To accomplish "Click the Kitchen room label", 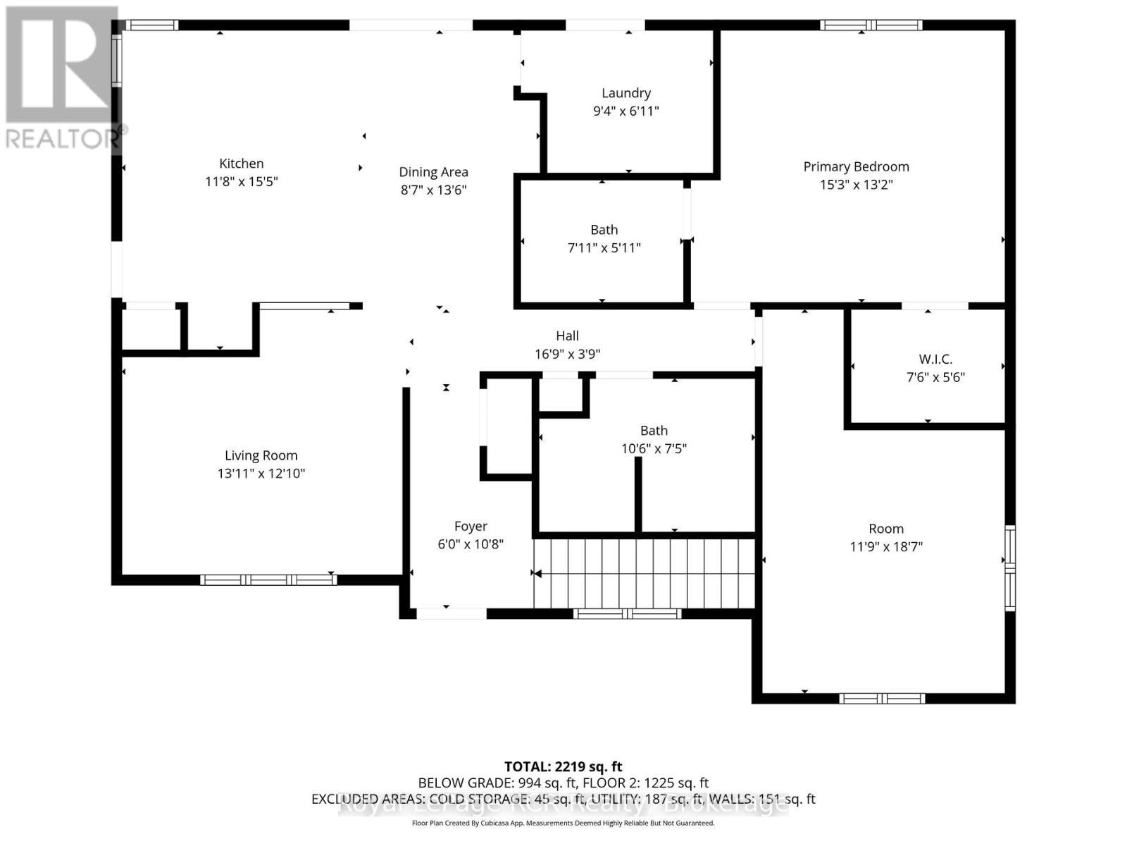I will pyautogui.click(x=242, y=164).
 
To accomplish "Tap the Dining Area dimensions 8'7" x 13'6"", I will pyautogui.click(x=433, y=190).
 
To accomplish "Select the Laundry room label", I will pyautogui.click(x=625, y=93).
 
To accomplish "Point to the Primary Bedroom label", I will pyautogui.click(x=856, y=167).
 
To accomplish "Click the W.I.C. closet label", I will pyautogui.click(x=935, y=360).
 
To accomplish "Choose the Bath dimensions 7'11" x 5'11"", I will pyautogui.click(x=604, y=247).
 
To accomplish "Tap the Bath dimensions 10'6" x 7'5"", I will pyautogui.click(x=654, y=448).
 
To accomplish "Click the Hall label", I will pyautogui.click(x=567, y=336).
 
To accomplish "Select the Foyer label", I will pyautogui.click(x=471, y=527).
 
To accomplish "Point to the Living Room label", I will pyautogui.click(x=261, y=456).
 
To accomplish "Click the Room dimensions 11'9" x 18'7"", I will pyautogui.click(x=885, y=546).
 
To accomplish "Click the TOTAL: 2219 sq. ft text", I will pyautogui.click(x=563, y=766).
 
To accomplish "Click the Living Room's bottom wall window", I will pyautogui.click(x=268, y=580).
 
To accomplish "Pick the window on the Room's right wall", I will pyautogui.click(x=1010, y=568).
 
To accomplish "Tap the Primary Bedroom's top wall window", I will pyautogui.click(x=871, y=25).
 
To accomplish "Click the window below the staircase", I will pyautogui.click(x=628, y=614).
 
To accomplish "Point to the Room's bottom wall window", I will pyautogui.click(x=881, y=699).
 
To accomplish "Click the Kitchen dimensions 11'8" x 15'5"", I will pyautogui.click(x=242, y=182).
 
